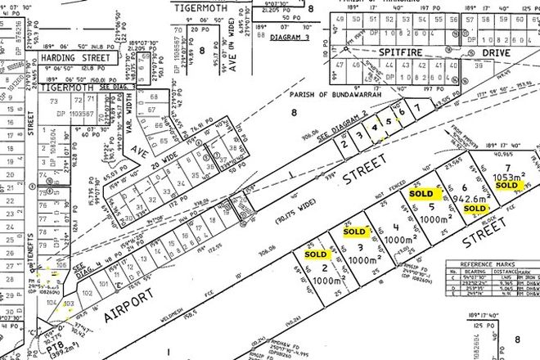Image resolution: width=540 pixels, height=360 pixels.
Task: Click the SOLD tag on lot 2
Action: click(315, 254)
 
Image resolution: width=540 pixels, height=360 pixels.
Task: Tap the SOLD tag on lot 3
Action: click(354, 232)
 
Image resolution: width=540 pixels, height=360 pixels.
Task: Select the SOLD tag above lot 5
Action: click(421, 196)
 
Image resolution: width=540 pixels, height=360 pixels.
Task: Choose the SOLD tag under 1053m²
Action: click(506, 186)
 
